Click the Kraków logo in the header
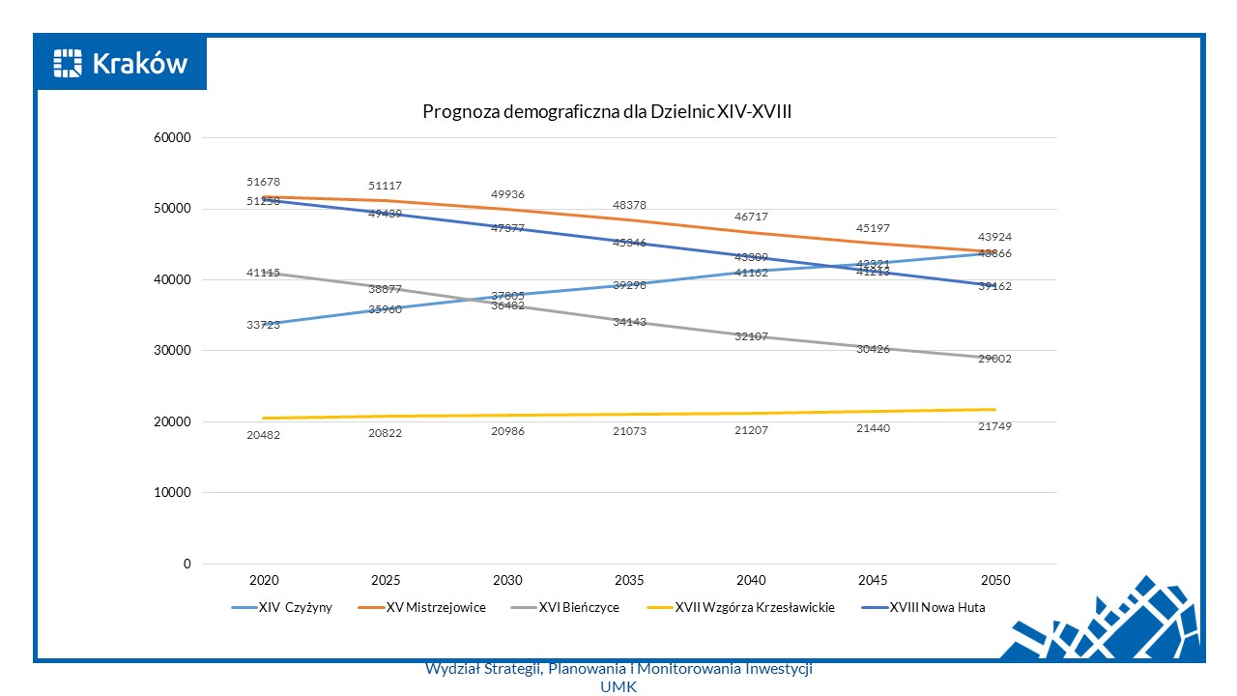(121, 64)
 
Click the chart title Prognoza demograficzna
(607, 112)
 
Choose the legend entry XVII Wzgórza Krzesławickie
(742, 608)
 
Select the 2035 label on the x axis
(629, 581)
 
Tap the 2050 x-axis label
(995, 581)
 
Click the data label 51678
(264, 182)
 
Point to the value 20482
(264, 435)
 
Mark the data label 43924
(994, 237)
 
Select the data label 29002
(994, 359)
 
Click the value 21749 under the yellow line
(994, 426)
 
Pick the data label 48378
(629, 206)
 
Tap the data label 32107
(751, 336)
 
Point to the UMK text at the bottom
(618, 686)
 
